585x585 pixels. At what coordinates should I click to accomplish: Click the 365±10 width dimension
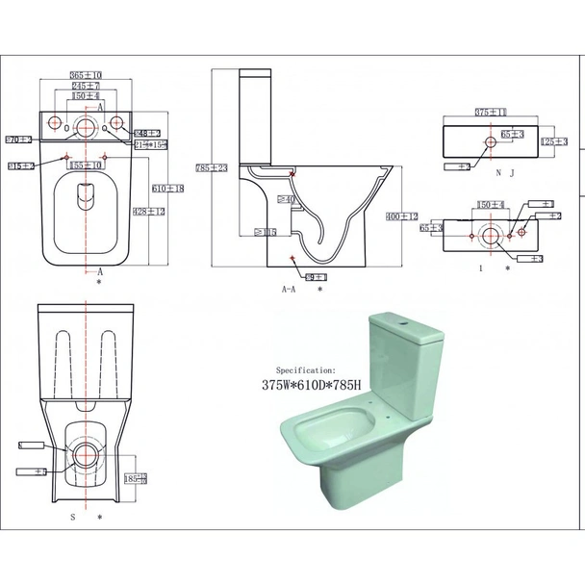click(87, 75)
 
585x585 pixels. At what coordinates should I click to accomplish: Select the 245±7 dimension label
click(87, 86)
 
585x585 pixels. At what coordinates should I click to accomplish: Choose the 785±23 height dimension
click(209, 167)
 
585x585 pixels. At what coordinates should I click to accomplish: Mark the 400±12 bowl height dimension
click(403, 217)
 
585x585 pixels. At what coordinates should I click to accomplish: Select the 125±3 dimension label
click(553, 141)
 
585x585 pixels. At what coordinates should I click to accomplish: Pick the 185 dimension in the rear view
click(136, 477)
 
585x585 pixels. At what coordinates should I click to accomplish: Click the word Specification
click(306, 369)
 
